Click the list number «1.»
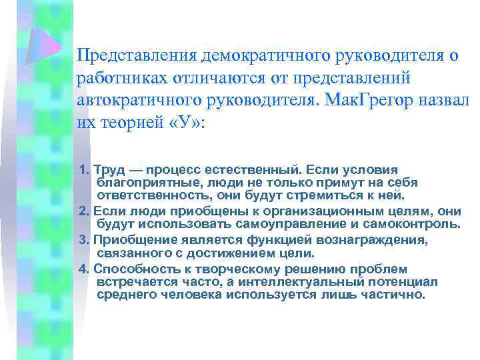[x=84, y=169]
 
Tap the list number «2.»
[x=84, y=211]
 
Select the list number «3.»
[x=84, y=240]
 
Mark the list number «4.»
[x=84, y=269]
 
